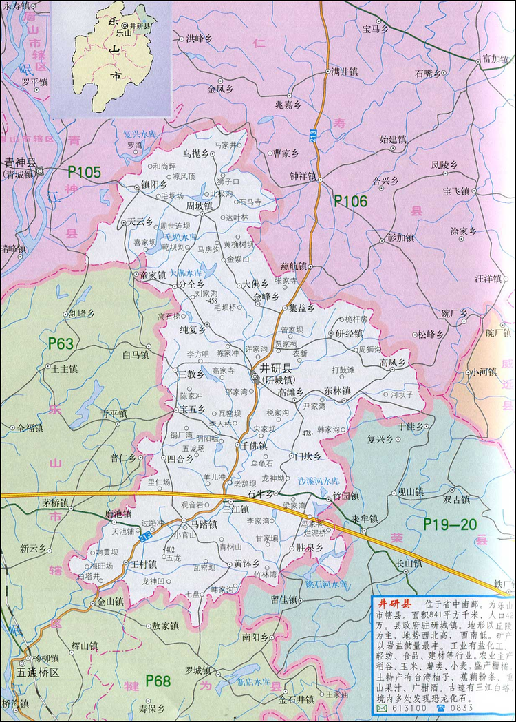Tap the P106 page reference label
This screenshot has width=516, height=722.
[351, 201]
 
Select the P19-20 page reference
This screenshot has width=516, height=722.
[450, 524]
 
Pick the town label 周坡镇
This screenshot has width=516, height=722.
[200, 205]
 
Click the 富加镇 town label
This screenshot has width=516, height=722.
[495, 59]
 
